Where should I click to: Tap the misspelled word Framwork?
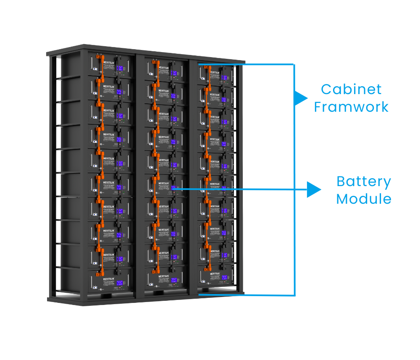pyautogui.click(x=351, y=107)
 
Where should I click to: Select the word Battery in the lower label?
pyautogui.click(x=364, y=181)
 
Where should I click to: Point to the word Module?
pyautogui.click(x=364, y=198)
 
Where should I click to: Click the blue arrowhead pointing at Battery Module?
pyautogui.click(x=313, y=189)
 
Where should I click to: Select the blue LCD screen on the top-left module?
pyautogui.click(x=121, y=68)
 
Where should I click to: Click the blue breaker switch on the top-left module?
pyautogui.click(x=95, y=69)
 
